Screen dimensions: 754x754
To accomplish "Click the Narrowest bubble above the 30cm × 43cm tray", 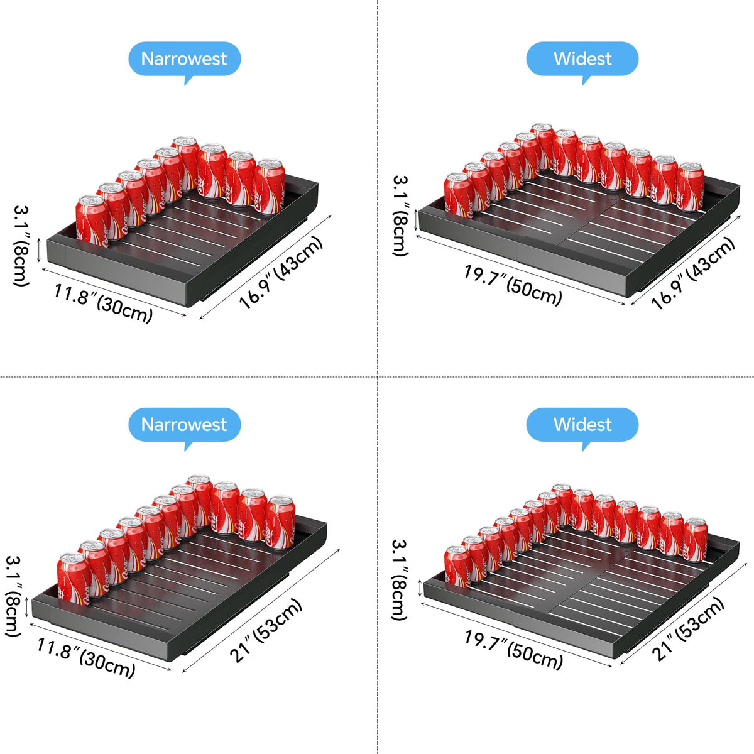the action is tap(184, 60).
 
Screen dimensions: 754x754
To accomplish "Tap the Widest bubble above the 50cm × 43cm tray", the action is tap(582, 60).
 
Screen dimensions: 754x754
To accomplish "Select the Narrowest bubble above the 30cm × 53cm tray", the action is tap(184, 425).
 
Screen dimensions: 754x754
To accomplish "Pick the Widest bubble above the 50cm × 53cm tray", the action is tap(582, 425).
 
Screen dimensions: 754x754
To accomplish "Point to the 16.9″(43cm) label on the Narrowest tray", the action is tap(281, 272).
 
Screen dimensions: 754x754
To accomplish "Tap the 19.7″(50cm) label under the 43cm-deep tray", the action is tap(513, 285).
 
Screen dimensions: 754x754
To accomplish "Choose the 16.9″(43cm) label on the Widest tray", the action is tap(693, 273).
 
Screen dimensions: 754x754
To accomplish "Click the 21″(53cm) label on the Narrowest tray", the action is tap(266, 630).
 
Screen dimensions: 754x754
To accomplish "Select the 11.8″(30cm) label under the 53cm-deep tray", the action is tap(86, 658).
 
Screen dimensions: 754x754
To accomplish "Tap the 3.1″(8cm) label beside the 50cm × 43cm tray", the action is tap(401, 216).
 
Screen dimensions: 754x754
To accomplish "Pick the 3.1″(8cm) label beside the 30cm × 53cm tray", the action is tap(13, 596).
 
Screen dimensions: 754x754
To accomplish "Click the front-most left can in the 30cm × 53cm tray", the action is tap(74, 579).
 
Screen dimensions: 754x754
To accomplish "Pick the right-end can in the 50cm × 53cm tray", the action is tap(695, 540).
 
